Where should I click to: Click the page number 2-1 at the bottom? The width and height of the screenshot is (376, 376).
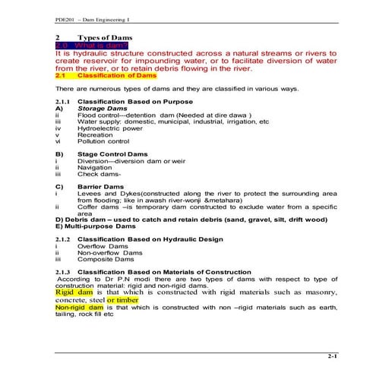click(x=332, y=355)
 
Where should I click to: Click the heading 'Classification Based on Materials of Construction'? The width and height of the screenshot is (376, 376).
click(x=164, y=271)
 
